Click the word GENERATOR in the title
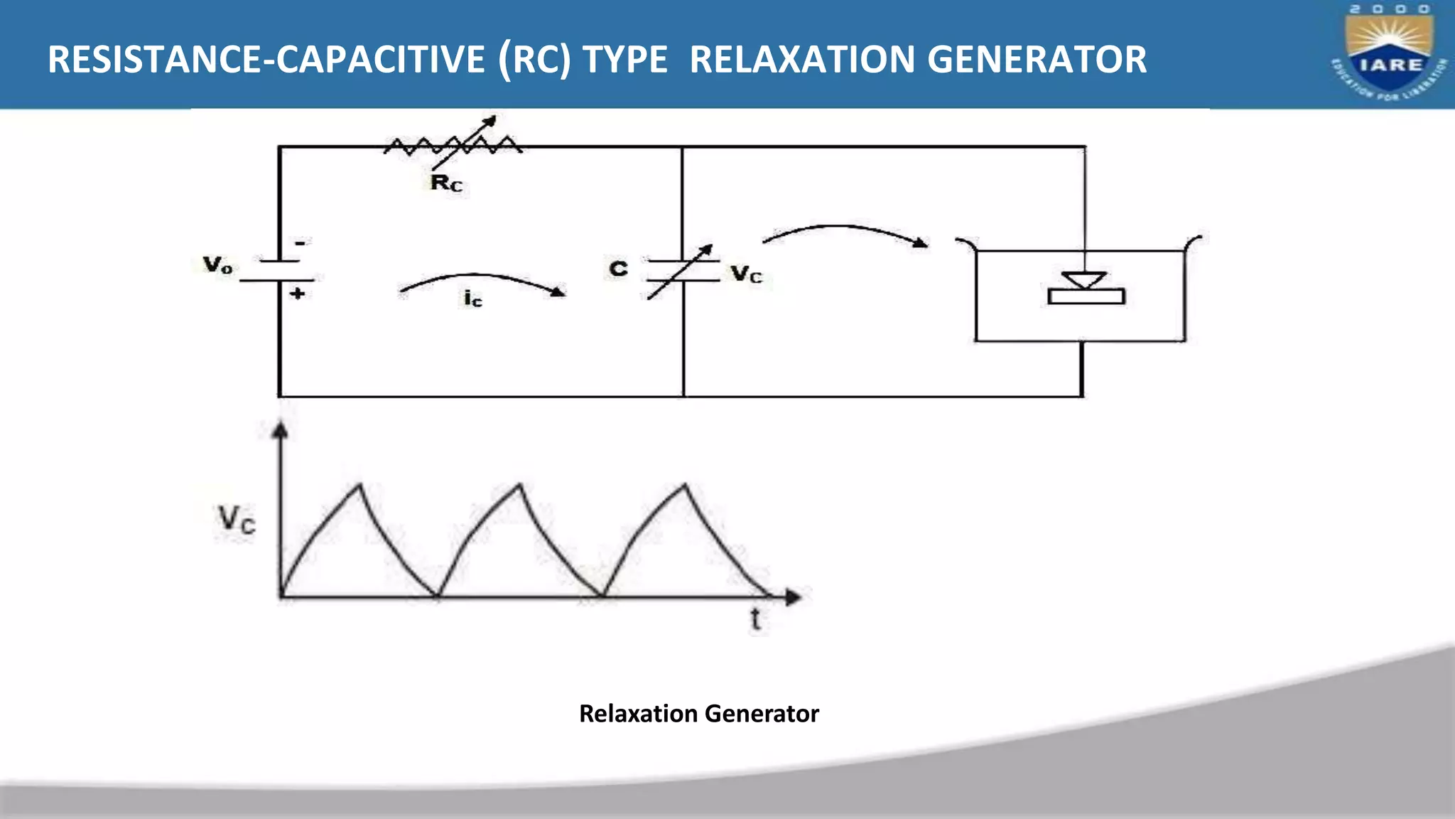(1037, 59)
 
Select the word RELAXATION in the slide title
(802, 59)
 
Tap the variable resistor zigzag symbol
(453, 145)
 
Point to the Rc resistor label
(446, 183)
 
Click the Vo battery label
(217, 266)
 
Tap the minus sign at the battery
(301, 244)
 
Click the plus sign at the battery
(298, 293)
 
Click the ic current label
(472, 299)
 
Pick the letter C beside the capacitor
(619, 269)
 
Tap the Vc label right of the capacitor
(747, 274)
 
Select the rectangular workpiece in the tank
(1086, 296)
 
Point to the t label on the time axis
(755, 620)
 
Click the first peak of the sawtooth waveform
(360, 486)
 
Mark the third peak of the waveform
(685, 486)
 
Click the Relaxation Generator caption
(698, 713)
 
